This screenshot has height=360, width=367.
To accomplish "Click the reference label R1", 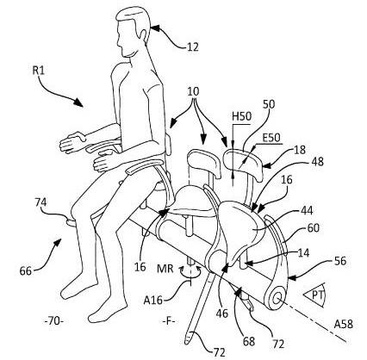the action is (x=38, y=71).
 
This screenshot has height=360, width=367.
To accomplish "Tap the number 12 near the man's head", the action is (x=192, y=47).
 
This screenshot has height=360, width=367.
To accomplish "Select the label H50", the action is (x=241, y=117).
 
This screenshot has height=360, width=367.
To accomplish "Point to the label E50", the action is (x=271, y=138).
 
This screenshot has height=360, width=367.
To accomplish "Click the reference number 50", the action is (x=269, y=104).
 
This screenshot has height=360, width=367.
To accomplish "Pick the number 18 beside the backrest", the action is (x=300, y=150).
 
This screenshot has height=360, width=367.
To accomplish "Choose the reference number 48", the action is (x=317, y=162).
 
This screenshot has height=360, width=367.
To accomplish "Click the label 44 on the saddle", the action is (x=307, y=211).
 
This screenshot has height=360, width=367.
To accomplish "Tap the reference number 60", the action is (x=314, y=228).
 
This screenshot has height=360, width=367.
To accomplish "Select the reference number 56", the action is (x=340, y=261).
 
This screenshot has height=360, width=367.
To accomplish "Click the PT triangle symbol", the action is (x=314, y=295).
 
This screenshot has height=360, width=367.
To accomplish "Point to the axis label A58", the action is (x=343, y=325).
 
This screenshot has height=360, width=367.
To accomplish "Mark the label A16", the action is (x=153, y=301).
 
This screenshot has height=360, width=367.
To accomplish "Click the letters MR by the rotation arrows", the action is (x=165, y=270).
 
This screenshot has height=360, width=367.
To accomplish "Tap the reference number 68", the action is (x=249, y=342).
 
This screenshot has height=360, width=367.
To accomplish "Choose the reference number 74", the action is (x=40, y=203).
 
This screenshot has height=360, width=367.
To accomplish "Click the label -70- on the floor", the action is (x=54, y=321).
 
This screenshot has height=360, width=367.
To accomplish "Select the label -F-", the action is (x=169, y=321).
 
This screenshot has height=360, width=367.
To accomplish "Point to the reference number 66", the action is (x=26, y=270).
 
